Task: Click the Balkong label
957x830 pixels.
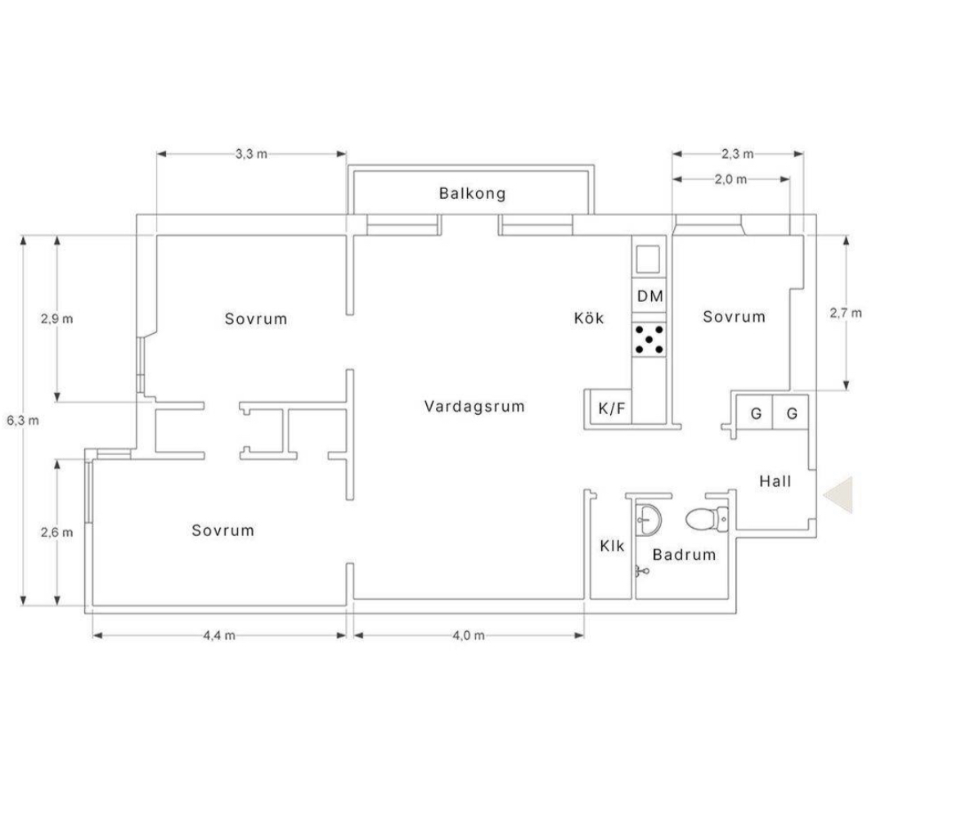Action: (473, 194)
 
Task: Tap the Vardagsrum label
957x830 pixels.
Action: (474, 406)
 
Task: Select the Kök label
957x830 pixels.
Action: (589, 318)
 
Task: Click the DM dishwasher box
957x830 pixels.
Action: (649, 296)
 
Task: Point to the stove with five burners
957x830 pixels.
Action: (649, 340)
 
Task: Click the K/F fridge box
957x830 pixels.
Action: (612, 408)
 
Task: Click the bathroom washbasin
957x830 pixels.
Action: (648, 521)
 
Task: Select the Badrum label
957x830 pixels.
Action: (684, 554)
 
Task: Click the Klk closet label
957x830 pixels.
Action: (612, 545)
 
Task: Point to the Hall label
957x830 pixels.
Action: (775, 481)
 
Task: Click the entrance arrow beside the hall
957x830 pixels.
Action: (838, 494)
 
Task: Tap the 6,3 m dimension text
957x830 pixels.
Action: (23, 420)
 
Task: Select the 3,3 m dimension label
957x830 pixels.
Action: (251, 154)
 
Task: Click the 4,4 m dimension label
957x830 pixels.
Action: (219, 635)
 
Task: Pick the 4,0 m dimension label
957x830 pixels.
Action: (468, 635)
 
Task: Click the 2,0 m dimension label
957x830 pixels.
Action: (730, 179)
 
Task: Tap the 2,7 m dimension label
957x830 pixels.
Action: (846, 314)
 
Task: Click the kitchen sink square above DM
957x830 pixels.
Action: (648, 259)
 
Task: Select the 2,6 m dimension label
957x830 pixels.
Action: (56, 533)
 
